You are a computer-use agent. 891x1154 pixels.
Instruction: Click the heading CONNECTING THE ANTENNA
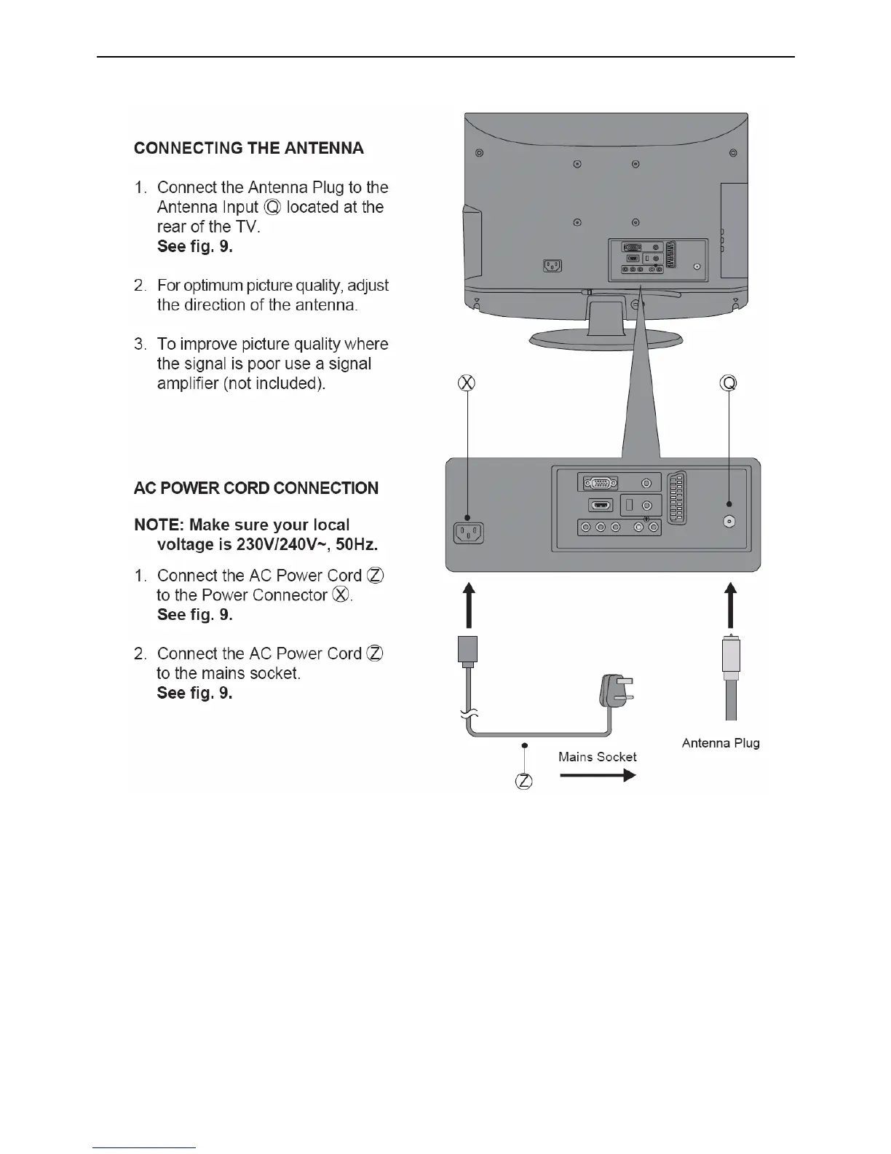tap(248, 149)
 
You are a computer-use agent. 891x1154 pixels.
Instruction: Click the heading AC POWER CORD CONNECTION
tap(256, 488)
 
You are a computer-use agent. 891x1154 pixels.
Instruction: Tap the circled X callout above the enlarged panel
tap(467, 382)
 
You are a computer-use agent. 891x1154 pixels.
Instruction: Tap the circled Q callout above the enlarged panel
tap(729, 382)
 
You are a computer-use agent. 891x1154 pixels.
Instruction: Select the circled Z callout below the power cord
tap(523, 782)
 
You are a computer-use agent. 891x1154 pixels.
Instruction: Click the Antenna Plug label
tap(721, 743)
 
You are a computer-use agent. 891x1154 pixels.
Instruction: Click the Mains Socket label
tap(597, 757)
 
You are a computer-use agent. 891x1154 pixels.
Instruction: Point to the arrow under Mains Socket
tap(597, 775)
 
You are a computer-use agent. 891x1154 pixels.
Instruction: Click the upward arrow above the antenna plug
tap(731, 605)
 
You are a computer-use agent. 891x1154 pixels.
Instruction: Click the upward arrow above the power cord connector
tap(469, 605)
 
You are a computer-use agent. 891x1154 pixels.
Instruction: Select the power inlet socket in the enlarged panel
tap(469, 533)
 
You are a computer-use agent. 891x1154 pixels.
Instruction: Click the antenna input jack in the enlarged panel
tap(729, 522)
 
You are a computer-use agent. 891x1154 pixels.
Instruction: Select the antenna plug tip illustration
tap(731, 656)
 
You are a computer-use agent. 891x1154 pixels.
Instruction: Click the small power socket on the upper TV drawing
tap(553, 267)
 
